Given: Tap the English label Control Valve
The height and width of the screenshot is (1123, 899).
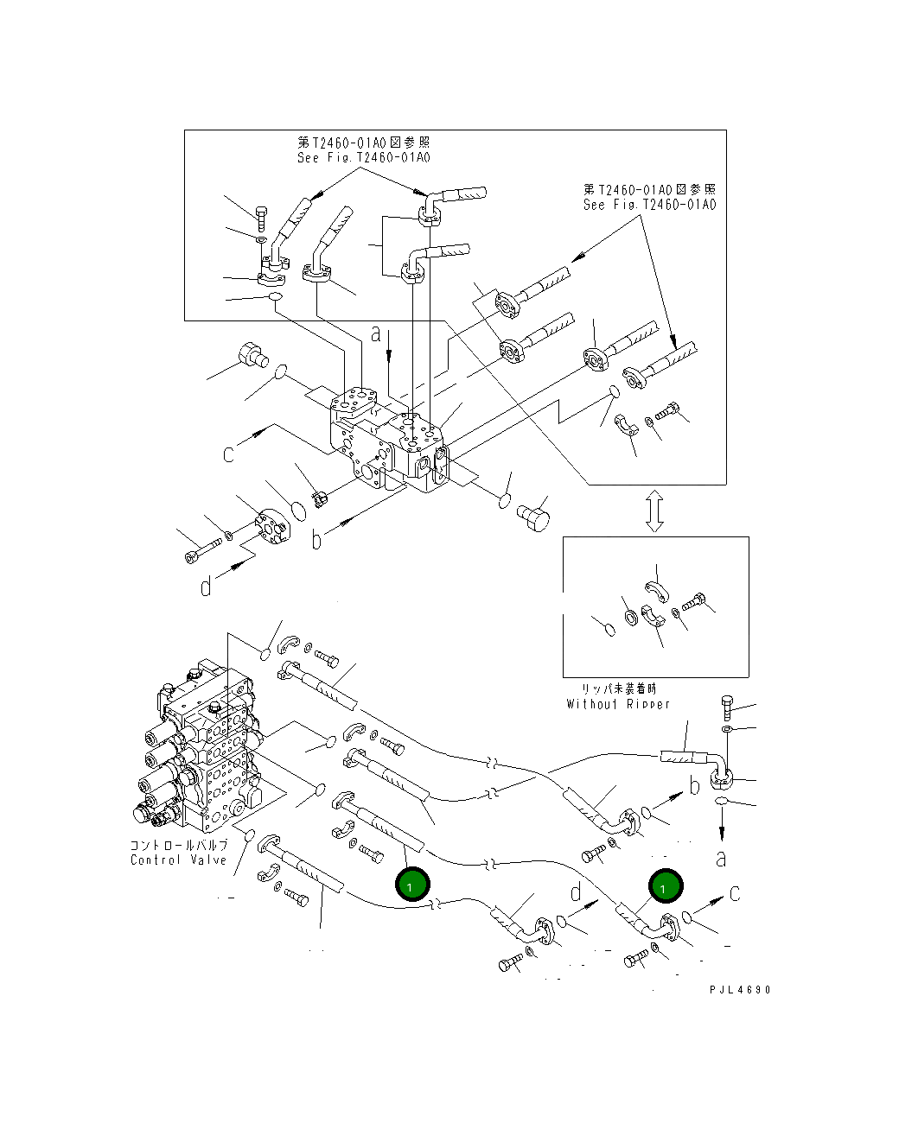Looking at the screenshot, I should (x=179, y=860).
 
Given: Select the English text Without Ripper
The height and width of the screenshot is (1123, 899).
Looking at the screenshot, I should (x=618, y=704).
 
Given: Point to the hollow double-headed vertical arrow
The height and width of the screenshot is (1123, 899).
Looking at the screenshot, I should (x=654, y=511).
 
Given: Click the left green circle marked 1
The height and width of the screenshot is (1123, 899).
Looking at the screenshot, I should (x=411, y=884).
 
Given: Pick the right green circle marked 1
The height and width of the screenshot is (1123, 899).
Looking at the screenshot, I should (x=664, y=886).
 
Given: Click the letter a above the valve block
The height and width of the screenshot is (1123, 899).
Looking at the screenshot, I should (x=376, y=333).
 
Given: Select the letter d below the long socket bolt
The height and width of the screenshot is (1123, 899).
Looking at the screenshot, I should (x=206, y=587).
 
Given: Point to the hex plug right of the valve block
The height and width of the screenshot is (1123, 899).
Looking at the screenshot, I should (x=533, y=516).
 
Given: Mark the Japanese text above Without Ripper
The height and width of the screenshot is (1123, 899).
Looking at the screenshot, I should (x=618, y=688).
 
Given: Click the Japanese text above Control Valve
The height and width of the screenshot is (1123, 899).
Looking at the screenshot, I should (x=179, y=845).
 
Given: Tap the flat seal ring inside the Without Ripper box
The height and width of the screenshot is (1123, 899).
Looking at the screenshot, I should (x=630, y=617).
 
